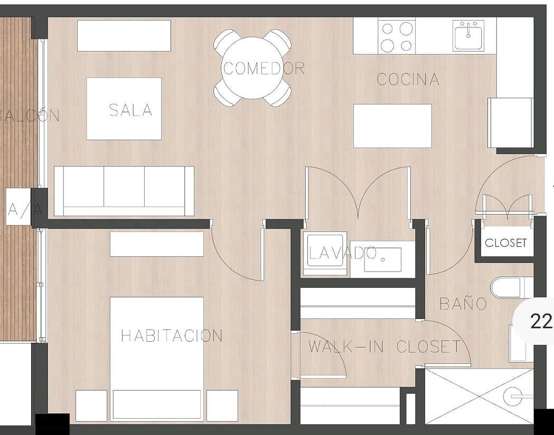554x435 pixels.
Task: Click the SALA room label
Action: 130,110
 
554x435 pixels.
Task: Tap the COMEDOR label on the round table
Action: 264,69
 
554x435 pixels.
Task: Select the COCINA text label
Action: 408,79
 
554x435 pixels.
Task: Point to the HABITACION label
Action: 172,335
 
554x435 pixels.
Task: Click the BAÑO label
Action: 463,303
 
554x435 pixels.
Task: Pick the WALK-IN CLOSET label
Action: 385,346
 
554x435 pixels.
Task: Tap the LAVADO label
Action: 342,253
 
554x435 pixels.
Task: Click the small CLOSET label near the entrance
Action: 505,243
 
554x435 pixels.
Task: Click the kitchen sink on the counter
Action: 468,35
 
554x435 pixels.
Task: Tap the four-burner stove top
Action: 397,36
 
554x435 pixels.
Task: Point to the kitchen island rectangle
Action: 392,126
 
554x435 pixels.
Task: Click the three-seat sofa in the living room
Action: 124,191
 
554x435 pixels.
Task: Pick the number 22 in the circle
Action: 541,322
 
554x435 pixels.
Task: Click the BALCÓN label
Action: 30,115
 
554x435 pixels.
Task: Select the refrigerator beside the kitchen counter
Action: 511,122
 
